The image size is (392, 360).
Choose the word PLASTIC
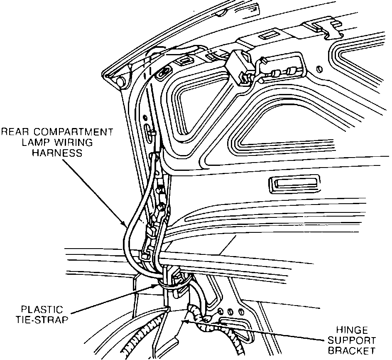(x=43, y=310)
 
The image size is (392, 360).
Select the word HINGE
(x=352, y=330)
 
